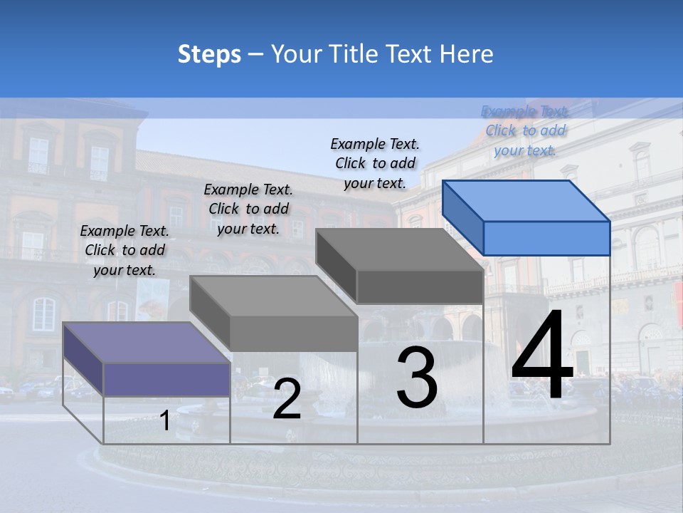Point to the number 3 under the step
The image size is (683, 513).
[417, 378]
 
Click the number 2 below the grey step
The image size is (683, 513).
[287, 400]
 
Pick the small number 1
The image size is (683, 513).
[165, 421]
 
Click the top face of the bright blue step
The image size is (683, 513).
[526, 200]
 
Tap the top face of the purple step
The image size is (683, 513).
[147, 342]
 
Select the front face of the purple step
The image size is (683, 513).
[166, 379]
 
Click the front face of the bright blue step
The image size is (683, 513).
[546, 238]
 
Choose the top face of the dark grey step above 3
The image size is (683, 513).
[400, 249]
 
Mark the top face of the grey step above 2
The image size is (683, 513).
[273, 296]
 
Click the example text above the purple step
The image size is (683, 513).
[125, 250]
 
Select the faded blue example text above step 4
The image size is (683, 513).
[525, 130]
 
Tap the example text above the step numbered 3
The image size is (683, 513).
[375, 163]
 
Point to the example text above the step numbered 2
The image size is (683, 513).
[248, 209]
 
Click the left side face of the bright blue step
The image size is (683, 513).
[462, 217]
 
